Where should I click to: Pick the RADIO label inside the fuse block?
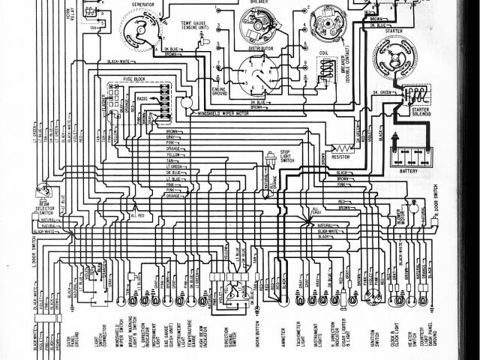pyautogui.click(x=142, y=97)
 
